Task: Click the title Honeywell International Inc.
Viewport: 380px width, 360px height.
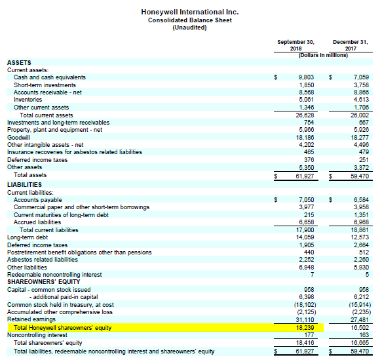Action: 190,12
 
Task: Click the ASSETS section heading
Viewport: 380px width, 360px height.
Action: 19,62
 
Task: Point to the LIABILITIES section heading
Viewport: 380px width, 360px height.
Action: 26,185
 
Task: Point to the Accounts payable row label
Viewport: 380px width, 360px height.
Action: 37,199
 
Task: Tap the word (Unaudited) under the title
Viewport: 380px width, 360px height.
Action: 190,28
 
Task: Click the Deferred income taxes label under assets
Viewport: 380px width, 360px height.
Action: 37,159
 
